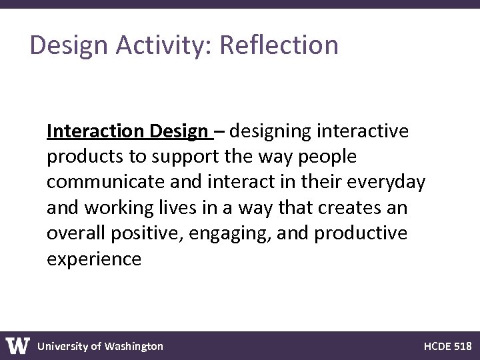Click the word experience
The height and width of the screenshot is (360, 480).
click(x=94, y=259)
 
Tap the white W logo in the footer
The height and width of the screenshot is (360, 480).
click(x=18, y=345)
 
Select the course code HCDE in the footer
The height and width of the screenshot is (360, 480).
click(x=438, y=346)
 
